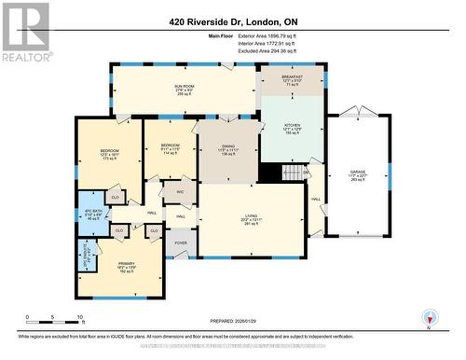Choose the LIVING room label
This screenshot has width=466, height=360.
click(251, 216)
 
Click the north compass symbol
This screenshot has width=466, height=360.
click(429, 315)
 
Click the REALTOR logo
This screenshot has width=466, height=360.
click(25, 30)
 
